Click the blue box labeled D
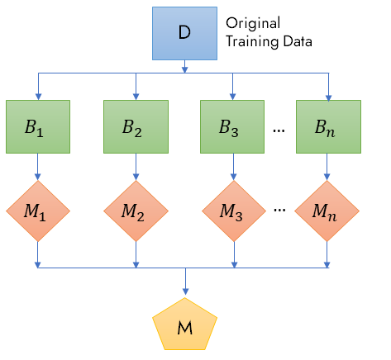pos(184,33)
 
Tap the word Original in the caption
pos(253,23)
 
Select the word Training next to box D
pos(252,42)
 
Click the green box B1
pos(38,126)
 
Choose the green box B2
pos(136,126)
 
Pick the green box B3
pos(232,126)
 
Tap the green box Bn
pos(328,126)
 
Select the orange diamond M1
pos(38,211)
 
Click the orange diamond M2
pos(136,211)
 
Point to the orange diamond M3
pos(234,211)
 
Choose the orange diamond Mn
pos(327,211)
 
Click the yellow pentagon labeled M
pos(185,324)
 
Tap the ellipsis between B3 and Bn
pos(279,130)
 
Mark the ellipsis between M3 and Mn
pos(279,211)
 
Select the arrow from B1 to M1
pos(38,167)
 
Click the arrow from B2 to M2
pos(136,167)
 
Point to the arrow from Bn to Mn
pos(327,167)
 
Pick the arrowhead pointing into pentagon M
pos(185,291)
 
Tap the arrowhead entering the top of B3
pos(232,97)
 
